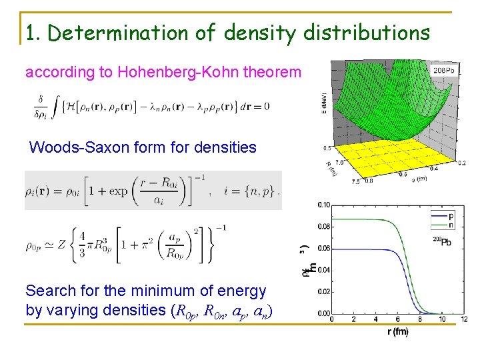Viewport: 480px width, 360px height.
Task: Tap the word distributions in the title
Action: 363,33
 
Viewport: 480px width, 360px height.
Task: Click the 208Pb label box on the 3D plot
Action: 445,69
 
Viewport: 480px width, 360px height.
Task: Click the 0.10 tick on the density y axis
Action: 323,205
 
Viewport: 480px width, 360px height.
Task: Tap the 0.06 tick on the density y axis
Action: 323,248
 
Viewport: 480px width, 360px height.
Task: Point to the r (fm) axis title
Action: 397,332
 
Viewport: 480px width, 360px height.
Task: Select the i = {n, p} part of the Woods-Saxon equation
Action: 251,191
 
